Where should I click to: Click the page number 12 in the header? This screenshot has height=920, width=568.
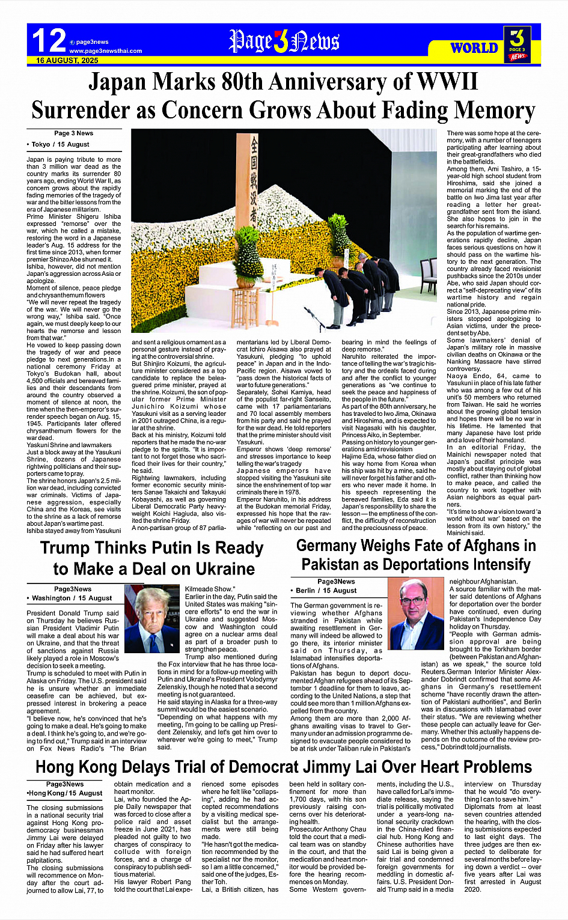49,41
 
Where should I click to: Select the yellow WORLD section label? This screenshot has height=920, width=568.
474,48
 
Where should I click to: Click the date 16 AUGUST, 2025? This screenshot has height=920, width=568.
67,61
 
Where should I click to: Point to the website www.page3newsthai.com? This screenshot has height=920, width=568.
105,51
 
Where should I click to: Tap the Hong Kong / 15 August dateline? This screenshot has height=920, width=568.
65,793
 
